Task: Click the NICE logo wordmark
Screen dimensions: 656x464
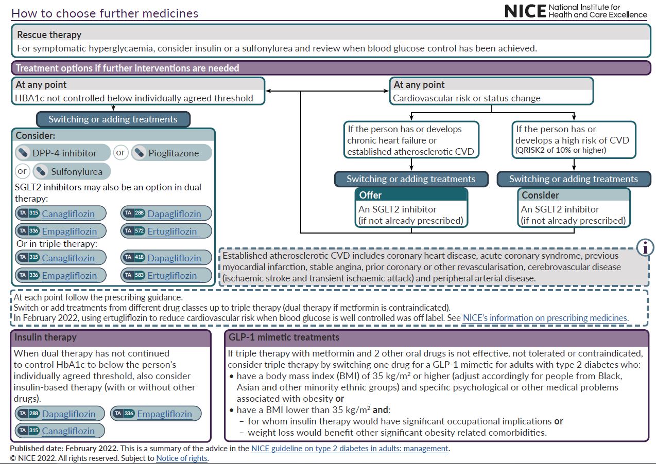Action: pyautogui.click(x=525, y=11)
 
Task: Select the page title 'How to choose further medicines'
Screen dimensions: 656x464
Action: pyautogui.click(x=105, y=13)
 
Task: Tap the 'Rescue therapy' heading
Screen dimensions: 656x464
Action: pyautogui.click(x=49, y=34)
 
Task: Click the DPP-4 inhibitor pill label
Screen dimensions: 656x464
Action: pyautogui.click(x=64, y=153)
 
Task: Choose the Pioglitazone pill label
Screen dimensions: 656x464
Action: pyautogui.click(x=174, y=153)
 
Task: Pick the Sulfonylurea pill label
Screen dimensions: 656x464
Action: pyautogui.click(x=76, y=171)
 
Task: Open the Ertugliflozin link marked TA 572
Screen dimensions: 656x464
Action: pyautogui.click(x=172, y=231)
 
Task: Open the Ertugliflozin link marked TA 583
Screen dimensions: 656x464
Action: pyautogui.click(x=172, y=275)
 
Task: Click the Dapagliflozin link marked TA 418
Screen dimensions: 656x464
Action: pyautogui.click(x=174, y=258)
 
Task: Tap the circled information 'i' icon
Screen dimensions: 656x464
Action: pyautogui.click(x=645, y=248)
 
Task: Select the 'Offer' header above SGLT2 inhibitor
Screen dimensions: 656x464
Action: pyautogui.click(x=370, y=195)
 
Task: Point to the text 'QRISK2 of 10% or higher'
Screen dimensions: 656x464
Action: pyautogui.click(x=561, y=150)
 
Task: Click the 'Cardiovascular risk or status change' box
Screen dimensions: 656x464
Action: pyautogui.click(x=491, y=91)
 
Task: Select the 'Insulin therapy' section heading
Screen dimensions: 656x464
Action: pyautogui.click(x=45, y=337)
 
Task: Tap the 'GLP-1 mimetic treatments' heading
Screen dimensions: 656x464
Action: pyautogui.click(x=284, y=337)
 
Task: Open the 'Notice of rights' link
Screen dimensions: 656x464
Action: pyautogui.click(x=182, y=458)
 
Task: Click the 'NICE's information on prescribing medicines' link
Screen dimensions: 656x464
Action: pyautogui.click(x=545, y=318)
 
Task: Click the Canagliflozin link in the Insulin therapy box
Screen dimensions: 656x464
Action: pyautogui.click(x=68, y=431)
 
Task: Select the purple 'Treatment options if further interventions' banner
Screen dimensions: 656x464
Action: pyautogui.click(x=331, y=68)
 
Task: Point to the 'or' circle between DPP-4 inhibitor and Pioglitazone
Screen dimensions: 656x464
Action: pyautogui.click(x=120, y=152)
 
